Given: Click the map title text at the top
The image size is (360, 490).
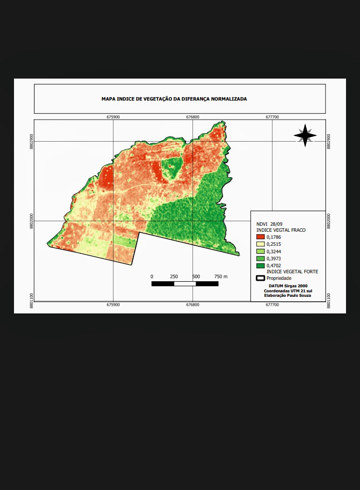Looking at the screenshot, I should click(174, 99).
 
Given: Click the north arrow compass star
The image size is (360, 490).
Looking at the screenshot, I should click(305, 135).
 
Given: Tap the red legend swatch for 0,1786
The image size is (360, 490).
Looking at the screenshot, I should click(260, 237).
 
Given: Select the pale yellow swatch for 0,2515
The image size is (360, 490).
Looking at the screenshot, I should click(260, 244).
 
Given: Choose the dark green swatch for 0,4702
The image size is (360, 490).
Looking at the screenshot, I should click(260, 265).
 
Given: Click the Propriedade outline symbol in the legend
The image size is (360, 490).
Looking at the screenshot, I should click(260, 278).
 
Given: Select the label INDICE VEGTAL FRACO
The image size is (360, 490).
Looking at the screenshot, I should click(280, 230).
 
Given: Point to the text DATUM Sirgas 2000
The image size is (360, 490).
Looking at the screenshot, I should click(287, 286).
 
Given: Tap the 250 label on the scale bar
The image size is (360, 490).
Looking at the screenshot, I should click(174, 277).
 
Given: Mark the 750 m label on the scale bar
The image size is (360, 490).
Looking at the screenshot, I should click(220, 277).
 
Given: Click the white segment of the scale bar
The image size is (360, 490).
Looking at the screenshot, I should click(185, 284).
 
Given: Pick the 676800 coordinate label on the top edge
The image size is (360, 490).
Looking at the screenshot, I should click(192, 117).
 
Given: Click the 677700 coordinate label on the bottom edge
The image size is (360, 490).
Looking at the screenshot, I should click(272, 304).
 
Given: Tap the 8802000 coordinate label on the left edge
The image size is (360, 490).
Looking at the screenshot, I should click(31, 221).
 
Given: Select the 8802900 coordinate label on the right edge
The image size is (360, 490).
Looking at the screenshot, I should click(328, 141).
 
